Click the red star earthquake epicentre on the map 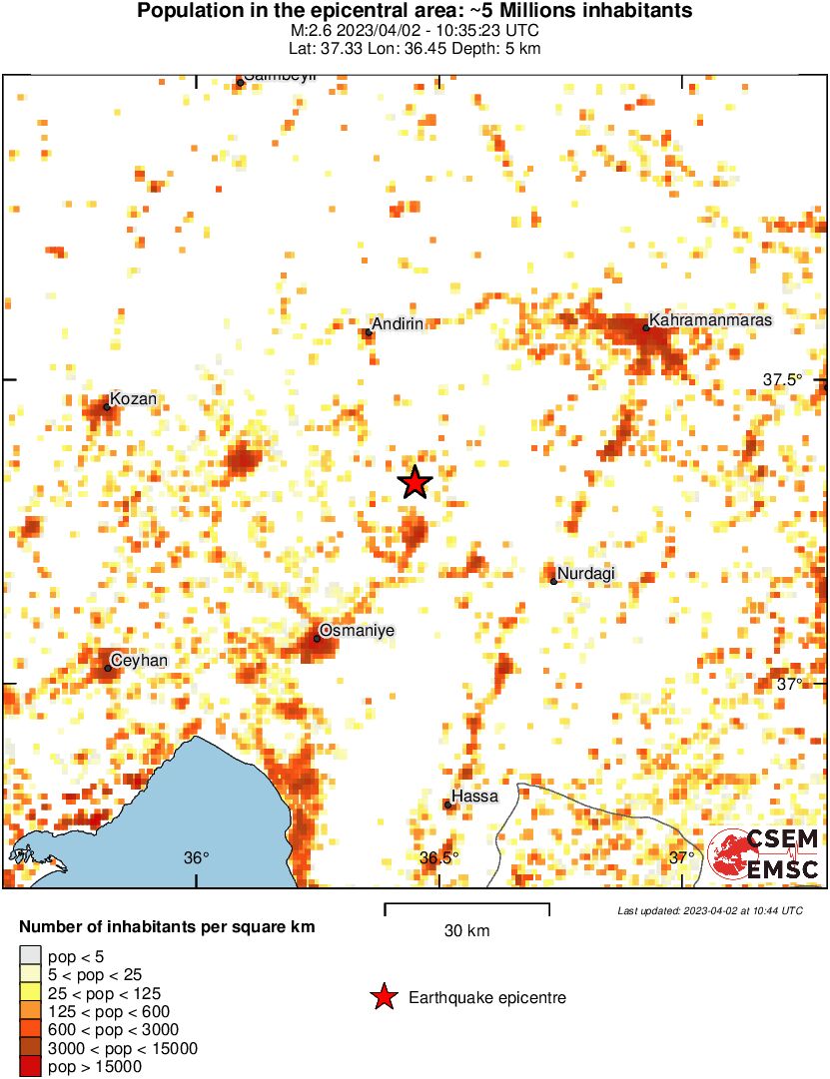pos(415,483)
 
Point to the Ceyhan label pos(140,661)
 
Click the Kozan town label pos(133,399)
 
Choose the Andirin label pos(398,323)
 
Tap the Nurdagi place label pos(586,573)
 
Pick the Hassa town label pos(474,797)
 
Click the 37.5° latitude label pos(783,379)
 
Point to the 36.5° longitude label pos(438,857)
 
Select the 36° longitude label pos(197,857)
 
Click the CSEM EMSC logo pos(764,854)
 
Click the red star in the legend pos(383,997)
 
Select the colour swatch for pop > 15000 pos(31,1067)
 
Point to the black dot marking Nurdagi pos(553,581)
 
